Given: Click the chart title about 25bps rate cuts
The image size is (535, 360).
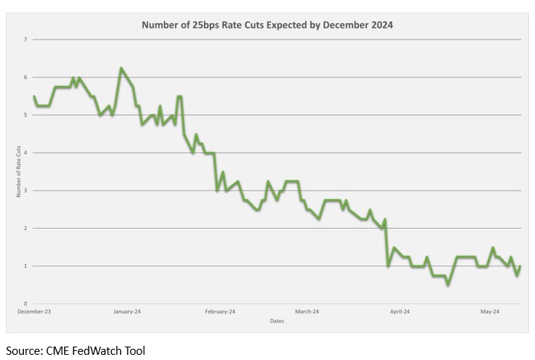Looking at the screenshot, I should coord(267,24).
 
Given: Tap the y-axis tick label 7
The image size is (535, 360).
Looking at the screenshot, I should coord(25,40).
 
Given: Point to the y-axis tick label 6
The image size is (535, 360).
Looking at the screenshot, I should coord(25,77).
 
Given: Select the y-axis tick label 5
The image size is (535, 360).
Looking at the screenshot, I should coord(25,115).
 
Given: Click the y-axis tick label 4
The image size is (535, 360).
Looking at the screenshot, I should coord(25,153).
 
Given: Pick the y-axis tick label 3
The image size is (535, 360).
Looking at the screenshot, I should coord(25,191).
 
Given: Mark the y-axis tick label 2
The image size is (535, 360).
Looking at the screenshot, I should coord(25,228).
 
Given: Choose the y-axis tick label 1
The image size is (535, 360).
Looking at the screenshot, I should coord(25,266).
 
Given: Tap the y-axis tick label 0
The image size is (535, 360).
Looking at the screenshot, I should coord(25,304).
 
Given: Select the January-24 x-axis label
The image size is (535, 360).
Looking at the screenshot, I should coord(127,312).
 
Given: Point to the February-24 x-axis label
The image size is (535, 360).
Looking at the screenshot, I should coord(220,312).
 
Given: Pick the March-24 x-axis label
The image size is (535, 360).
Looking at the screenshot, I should coord(306,312).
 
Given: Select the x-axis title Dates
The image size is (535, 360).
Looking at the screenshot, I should coord(276,321).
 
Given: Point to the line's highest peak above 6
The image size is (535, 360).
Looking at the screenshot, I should coord(121,69).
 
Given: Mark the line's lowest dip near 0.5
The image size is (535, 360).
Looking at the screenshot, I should coord(447,285).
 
